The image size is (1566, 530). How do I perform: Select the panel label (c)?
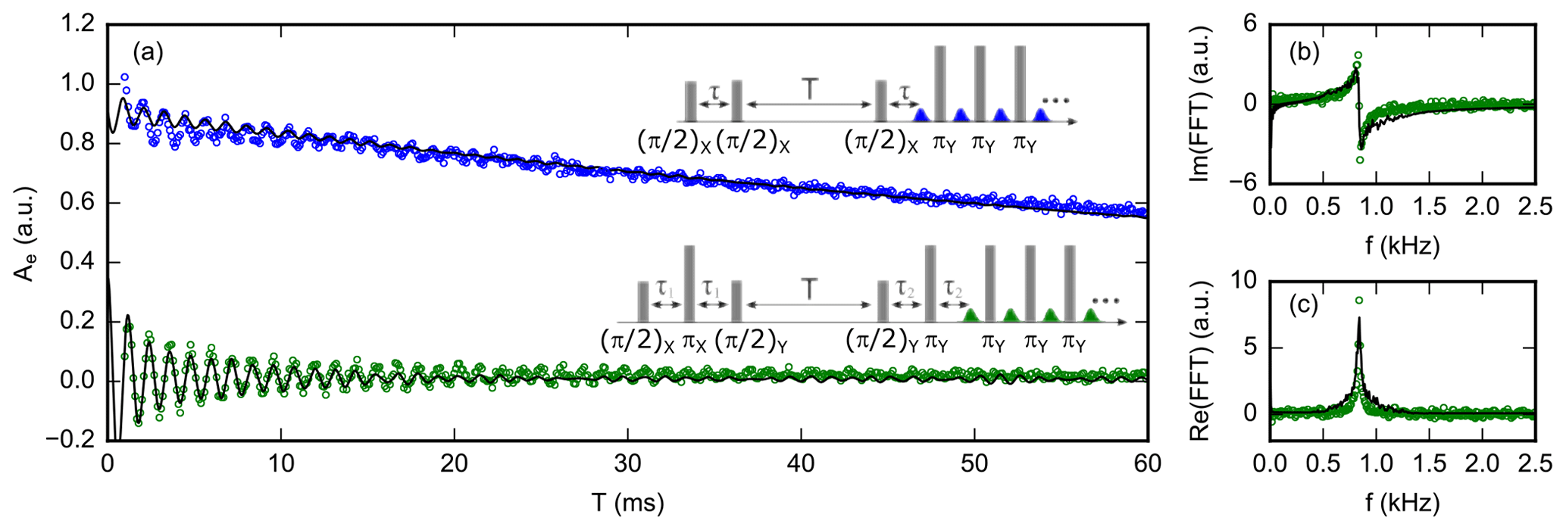click(1305, 304)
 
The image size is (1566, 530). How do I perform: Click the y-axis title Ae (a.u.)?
click(23, 232)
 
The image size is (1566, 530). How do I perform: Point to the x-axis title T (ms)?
click(627, 503)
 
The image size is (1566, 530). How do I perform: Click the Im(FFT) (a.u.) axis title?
click(1199, 103)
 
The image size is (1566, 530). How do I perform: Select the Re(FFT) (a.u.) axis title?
click(1199, 360)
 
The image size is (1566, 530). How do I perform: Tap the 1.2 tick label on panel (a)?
click(78, 25)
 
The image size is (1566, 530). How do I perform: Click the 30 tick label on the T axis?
click(627, 463)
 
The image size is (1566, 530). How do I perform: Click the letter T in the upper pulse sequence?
click(810, 89)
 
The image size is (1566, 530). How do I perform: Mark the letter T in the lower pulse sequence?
click(810, 289)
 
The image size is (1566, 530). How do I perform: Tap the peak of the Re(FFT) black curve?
click(1359, 319)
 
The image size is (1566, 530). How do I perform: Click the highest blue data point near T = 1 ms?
click(124, 77)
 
